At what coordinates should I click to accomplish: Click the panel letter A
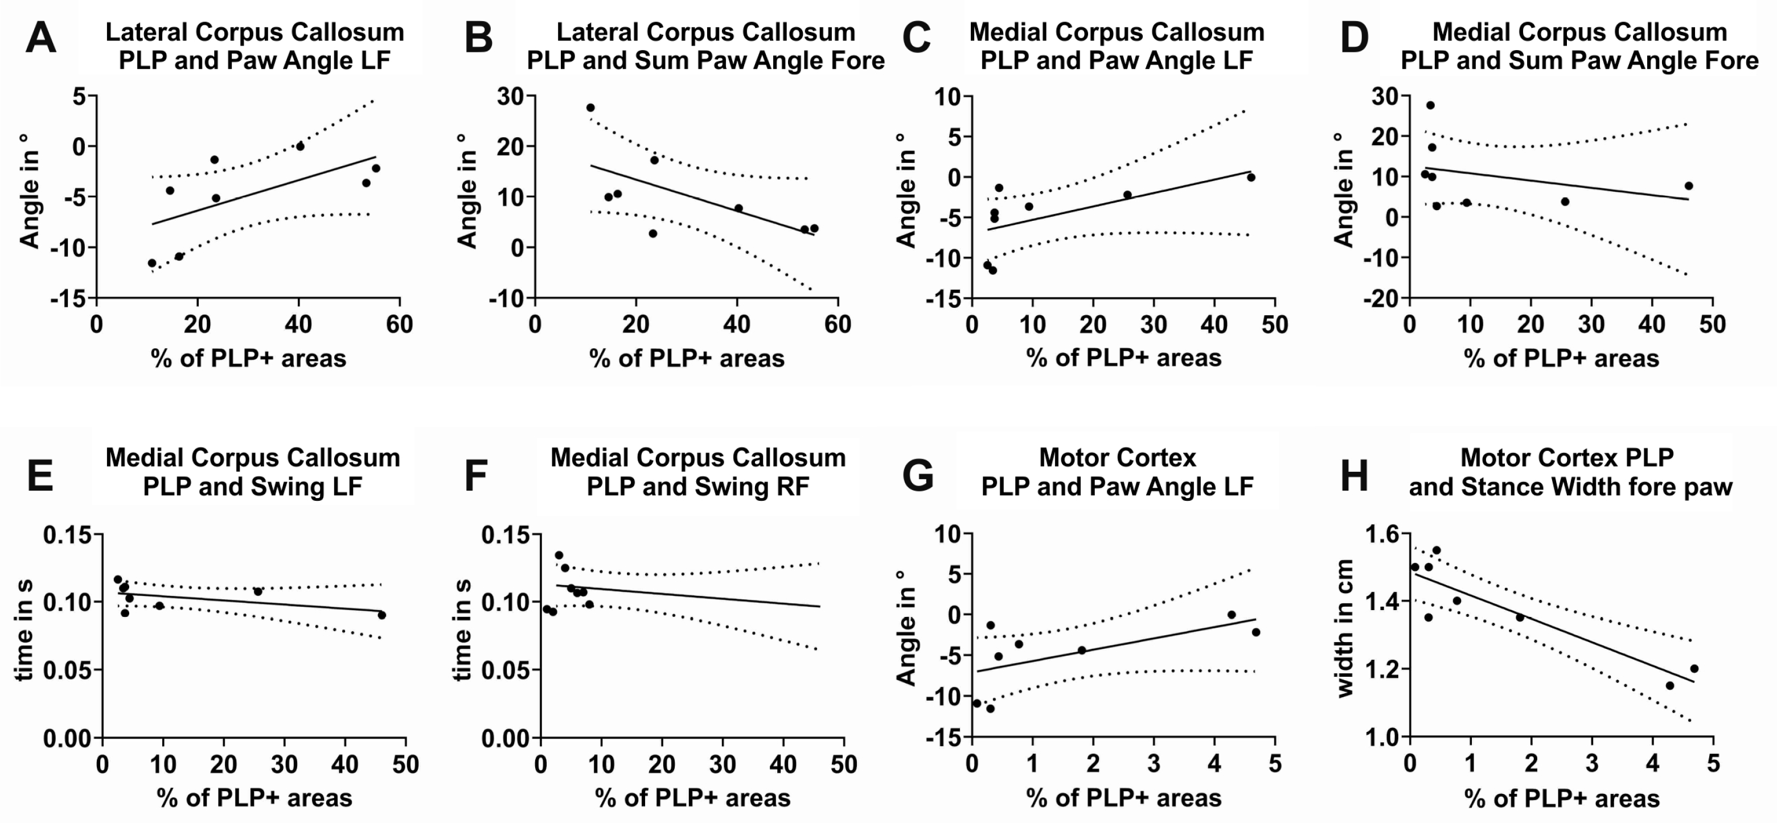click(x=40, y=39)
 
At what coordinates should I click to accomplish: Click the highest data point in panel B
click(x=590, y=108)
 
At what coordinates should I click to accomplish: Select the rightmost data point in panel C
click(x=1251, y=178)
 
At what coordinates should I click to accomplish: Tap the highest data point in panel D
click(x=1430, y=105)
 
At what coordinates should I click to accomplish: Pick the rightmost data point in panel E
click(x=382, y=615)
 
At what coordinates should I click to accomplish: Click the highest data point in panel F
click(x=559, y=555)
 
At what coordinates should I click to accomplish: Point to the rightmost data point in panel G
click(x=1255, y=632)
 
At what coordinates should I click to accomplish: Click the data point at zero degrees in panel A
click(x=300, y=146)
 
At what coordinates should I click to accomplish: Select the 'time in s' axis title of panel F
click(x=463, y=629)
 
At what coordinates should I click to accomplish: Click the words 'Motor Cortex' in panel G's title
click(x=1117, y=458)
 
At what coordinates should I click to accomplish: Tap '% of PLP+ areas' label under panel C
click(x=1123, y=358)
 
